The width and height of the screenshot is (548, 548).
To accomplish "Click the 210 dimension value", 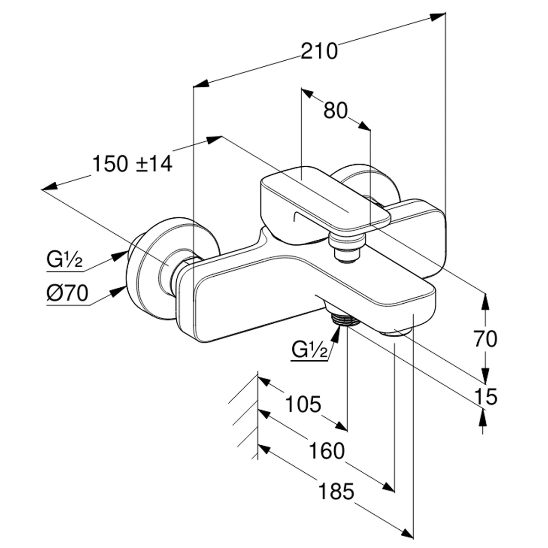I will tap(319, 51).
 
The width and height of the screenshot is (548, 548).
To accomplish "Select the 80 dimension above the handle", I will tap(336, 111).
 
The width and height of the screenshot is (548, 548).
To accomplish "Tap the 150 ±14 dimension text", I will tap(132, 164).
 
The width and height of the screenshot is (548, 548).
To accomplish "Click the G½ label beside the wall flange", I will tap(64, 261).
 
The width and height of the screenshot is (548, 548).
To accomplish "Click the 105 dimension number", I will tap(303, 404).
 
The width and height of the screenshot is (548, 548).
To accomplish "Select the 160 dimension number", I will tap(326, 451).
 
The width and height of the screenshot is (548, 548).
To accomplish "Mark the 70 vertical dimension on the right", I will tap(485, 339).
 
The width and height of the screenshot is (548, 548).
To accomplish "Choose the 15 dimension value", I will tap(485, 396).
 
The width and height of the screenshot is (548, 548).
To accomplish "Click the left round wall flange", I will tap(151, 269).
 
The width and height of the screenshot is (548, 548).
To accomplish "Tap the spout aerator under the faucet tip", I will tap(397, 333).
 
